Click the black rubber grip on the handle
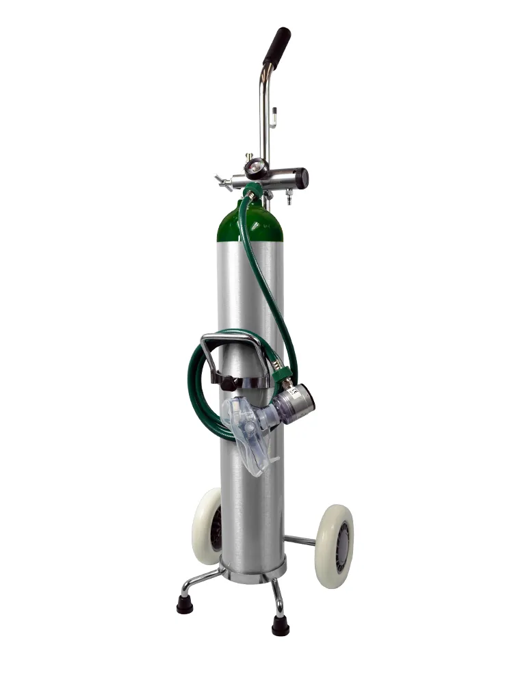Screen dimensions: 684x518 click(276, 48)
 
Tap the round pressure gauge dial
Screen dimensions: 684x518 click(256, 167)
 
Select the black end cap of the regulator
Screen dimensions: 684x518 click(300, 179)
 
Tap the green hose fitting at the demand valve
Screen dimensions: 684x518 click(281, 373)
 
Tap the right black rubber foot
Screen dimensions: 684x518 click(280, 625)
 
